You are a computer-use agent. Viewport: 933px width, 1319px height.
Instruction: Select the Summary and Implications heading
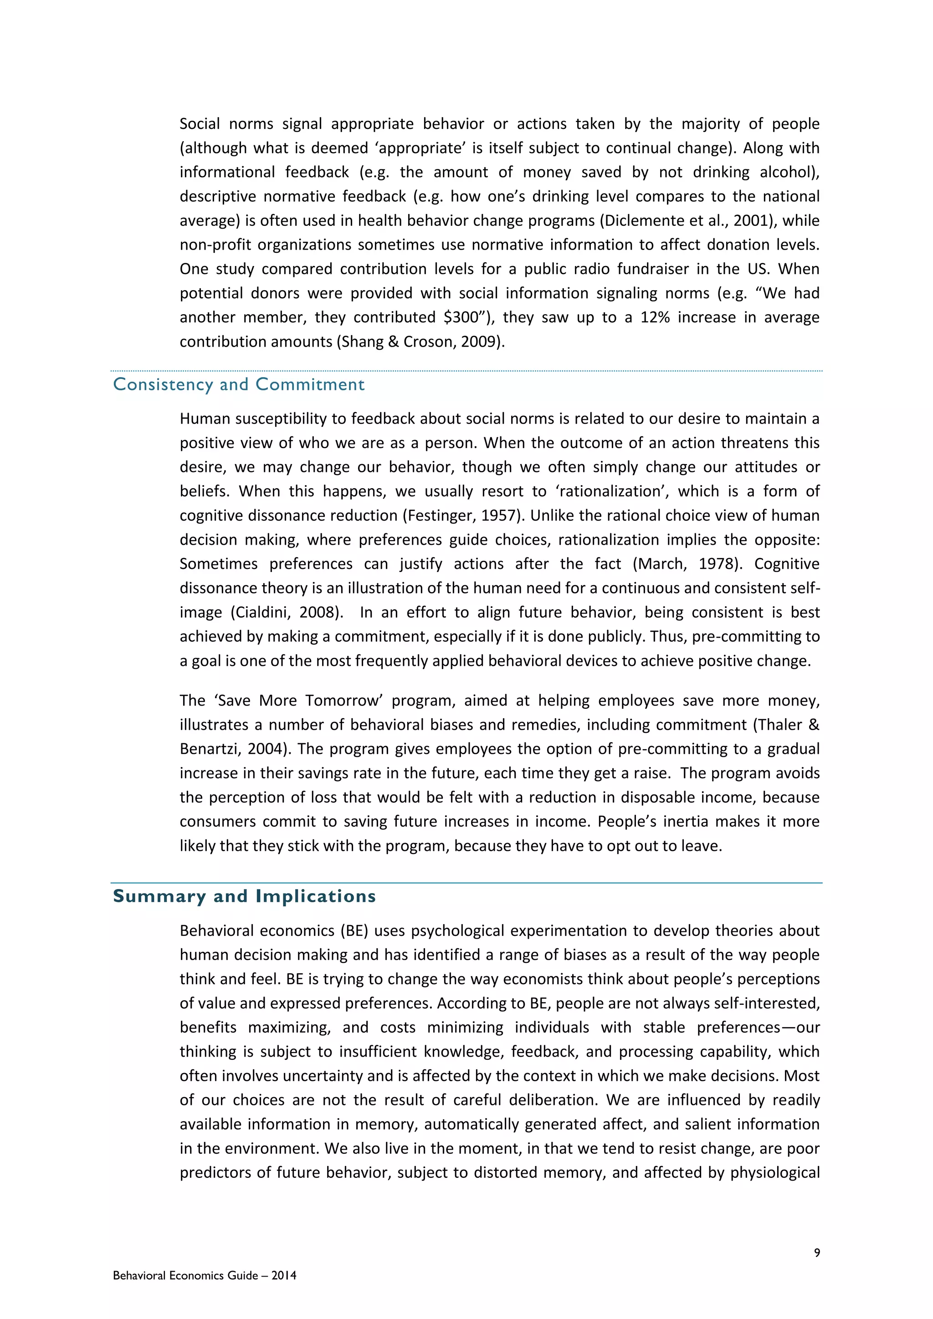click(x=244, y=896)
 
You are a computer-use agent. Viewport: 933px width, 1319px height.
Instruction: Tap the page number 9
click(x=817, y=1253)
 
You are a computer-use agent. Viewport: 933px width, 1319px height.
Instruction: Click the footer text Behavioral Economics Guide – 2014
click(x=205, y=1275)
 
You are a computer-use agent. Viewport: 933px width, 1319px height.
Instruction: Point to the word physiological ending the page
click(x=774, y=1172)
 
